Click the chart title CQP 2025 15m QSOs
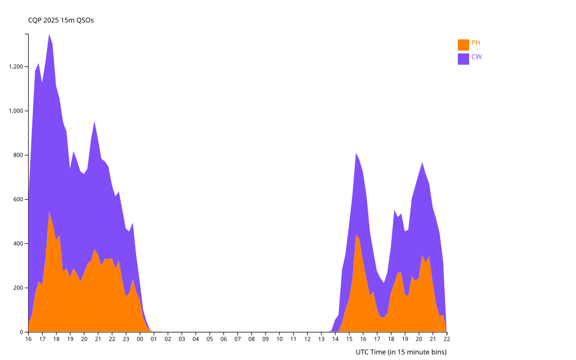(61, 21)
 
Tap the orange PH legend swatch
(463, 44)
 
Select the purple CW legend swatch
(463, 58)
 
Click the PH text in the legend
(476, 43)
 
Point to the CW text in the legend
(476, 57)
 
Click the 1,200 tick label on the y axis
(16, 67)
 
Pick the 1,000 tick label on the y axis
(16, 111)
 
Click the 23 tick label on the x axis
(126, 339)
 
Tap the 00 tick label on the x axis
(140, 339)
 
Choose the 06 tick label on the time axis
(223, 339)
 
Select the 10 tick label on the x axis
(279, 339)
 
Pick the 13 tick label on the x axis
(321, 339)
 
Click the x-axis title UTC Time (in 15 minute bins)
(401, 352)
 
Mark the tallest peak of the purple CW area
(49, 34)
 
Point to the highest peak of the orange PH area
(49, 213)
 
